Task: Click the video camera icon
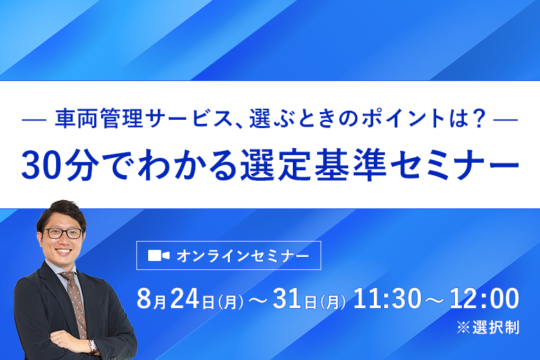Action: point(159,255)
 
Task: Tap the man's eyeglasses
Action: point(64,233)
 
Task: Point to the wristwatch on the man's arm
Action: point(92,346)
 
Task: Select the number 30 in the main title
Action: point(43,165)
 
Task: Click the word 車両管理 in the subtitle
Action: point(99,118)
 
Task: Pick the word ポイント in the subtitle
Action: point(404,118)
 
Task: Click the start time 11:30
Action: point(387,298)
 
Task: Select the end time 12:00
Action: point(484,298)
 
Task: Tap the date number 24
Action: point(185,298)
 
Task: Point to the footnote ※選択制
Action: point(488,327)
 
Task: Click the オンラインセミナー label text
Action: point(243,256)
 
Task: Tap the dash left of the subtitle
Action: point(34,120)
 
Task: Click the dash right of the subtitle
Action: point(505,120)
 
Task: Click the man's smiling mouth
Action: point(64,251)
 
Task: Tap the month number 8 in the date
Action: point(144,298)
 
